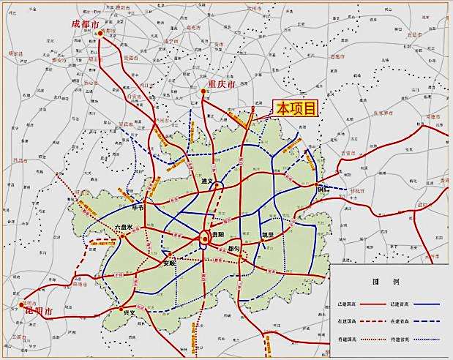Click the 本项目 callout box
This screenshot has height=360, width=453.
coord(296,109)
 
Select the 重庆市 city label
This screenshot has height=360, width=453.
coord(221,86)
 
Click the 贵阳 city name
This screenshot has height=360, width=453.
coord(218,235)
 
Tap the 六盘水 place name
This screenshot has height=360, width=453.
coord(123,228)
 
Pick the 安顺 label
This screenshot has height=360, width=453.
coord(170,263)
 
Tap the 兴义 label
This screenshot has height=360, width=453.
coord(129,312)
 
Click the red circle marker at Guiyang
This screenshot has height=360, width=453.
coord(205,237)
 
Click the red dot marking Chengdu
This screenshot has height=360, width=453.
coord(100,33)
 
